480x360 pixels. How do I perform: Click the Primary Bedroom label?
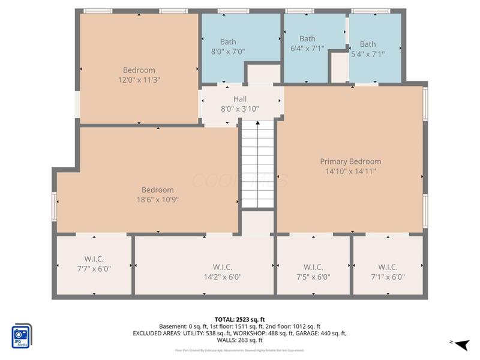pos(350,161)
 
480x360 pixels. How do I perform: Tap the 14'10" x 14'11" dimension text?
pos(350,171)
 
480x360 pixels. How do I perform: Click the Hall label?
pos(240,99)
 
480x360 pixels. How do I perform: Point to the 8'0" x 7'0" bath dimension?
pos(228,52)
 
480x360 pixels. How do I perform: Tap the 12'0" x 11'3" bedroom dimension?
pos(139,79)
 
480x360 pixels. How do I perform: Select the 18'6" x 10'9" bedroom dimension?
pos(158,199)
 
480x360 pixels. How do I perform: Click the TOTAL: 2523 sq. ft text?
pos(239,319)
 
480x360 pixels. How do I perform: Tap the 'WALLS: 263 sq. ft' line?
pos(239,340)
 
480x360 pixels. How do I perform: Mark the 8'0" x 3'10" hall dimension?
pos(240,109)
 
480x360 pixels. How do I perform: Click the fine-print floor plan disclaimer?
pos(239,350)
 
